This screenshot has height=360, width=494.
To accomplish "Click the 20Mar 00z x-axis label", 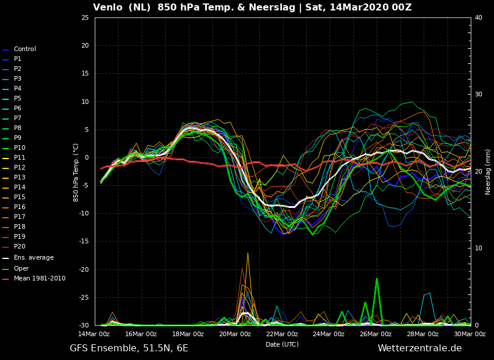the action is (235, 334).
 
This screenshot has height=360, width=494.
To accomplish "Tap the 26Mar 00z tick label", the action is (376, 334).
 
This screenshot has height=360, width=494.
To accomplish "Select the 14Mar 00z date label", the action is (94, 334).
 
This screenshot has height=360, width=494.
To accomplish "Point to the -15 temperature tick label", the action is (84, 242).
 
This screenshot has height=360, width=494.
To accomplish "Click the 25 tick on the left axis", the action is (85, 17).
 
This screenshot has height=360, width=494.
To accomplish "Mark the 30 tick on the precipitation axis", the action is (478, 95).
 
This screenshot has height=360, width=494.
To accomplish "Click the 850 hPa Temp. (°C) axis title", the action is (76, 172).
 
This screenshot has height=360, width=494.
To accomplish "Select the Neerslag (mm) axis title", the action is (488, 172).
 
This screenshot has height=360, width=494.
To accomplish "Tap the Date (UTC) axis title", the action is (282, 344).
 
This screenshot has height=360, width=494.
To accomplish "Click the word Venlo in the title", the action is (108, 7).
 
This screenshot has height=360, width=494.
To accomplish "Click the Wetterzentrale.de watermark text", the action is (420, 348).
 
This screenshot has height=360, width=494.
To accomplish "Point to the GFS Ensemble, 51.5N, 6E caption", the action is (129, 348).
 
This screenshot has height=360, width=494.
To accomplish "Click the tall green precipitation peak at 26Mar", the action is (377, 279).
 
